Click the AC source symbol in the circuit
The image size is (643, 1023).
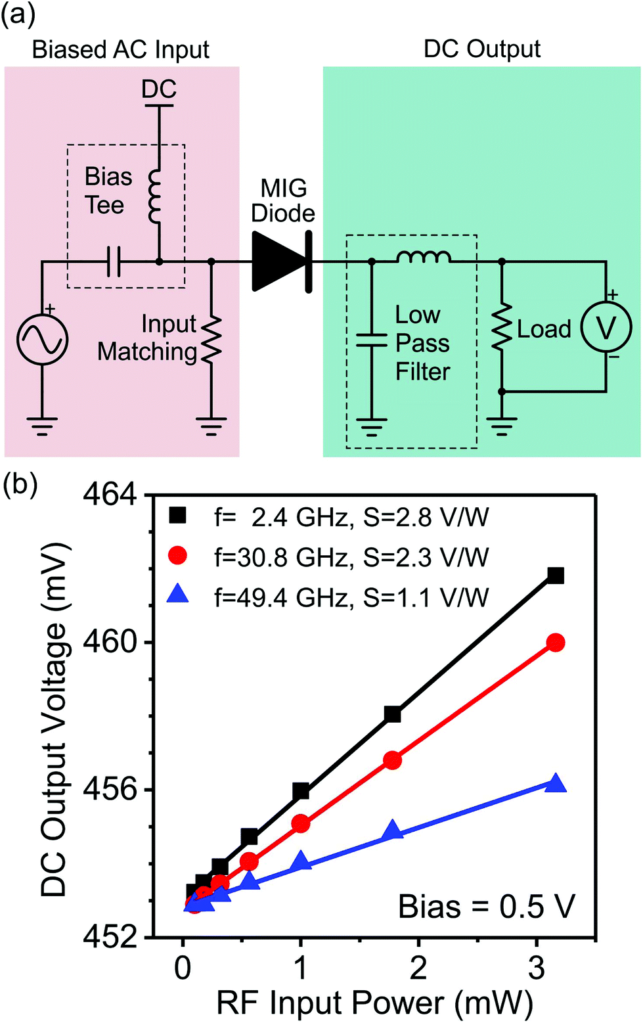[x=42, y=339]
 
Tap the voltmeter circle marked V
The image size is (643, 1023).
[x=605, y=327]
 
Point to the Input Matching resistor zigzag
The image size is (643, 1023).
[x=211, y=339]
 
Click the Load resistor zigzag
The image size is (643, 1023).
[x=502, y=326]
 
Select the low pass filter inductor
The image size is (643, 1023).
[x=423, y=257]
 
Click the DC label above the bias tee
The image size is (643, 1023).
[x=159, y=89]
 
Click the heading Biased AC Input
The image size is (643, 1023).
[x=121, y=50]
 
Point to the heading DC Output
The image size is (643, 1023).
[x=482, y=49]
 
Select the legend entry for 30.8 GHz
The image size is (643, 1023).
[x=351, y=557]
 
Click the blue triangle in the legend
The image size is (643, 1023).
[x=178, y=595]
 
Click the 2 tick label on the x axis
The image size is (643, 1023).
[x=418, y=967]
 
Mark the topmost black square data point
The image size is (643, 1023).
[x=556, y=576]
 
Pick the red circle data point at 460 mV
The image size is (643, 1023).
[x=556, y=643]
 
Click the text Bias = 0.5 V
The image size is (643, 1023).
[x=486, y=907]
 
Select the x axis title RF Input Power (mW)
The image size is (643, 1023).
[x=374, y=1003]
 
